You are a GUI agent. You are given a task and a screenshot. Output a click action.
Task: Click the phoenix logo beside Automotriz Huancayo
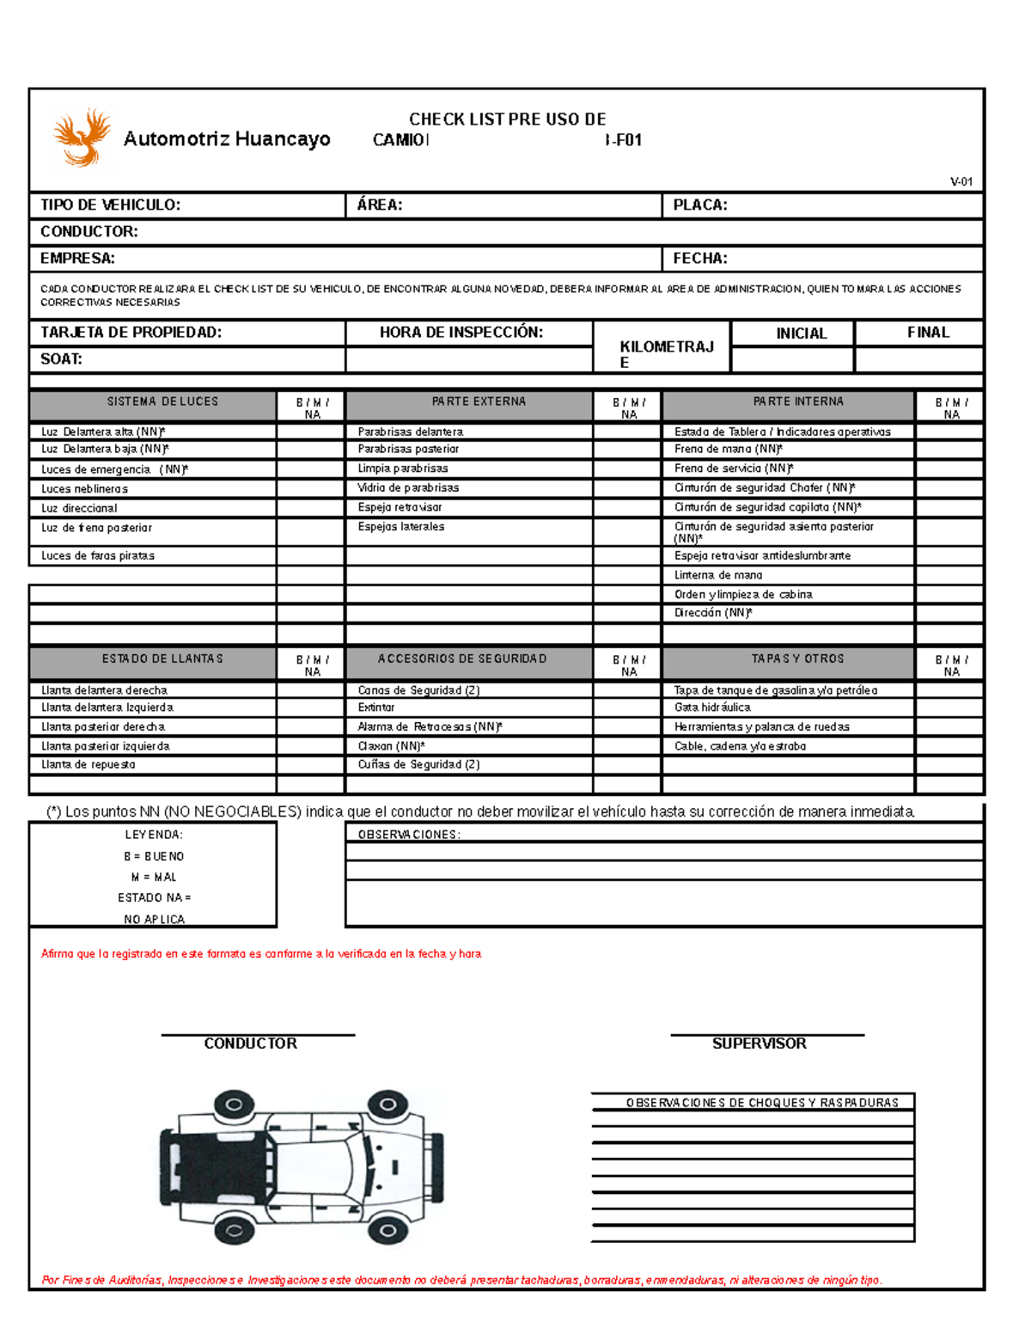82,137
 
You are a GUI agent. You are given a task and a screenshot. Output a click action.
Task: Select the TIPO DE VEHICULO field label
110,205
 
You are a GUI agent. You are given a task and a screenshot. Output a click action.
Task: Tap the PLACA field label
699,205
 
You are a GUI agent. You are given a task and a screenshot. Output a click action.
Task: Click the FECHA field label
699,258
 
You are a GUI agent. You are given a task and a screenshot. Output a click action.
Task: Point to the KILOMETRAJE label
666,353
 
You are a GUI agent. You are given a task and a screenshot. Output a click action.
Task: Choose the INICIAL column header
801,334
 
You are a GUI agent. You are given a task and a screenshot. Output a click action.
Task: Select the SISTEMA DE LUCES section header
162,401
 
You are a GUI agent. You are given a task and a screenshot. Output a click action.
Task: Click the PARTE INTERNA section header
798,401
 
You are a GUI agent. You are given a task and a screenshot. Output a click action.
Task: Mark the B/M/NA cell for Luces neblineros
311,488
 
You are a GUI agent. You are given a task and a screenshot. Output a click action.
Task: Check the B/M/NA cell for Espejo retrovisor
627,507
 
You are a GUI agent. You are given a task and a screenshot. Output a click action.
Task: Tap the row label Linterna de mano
718,575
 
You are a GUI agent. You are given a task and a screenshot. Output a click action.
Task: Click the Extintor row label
376,707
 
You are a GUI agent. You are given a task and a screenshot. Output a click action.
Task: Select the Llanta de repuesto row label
88,764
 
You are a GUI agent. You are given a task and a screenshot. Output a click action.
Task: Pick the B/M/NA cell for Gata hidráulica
949,707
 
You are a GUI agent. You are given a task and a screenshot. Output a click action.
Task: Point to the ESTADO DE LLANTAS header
162,658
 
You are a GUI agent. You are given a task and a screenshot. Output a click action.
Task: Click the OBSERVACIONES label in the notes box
409,834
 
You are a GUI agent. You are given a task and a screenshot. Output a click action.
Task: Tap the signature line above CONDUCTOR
258,1035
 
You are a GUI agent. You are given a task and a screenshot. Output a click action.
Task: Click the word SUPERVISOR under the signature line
759,1044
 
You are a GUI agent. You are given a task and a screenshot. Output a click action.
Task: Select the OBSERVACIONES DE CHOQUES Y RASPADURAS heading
762,1103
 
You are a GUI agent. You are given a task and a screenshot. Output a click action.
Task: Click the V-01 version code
961,181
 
